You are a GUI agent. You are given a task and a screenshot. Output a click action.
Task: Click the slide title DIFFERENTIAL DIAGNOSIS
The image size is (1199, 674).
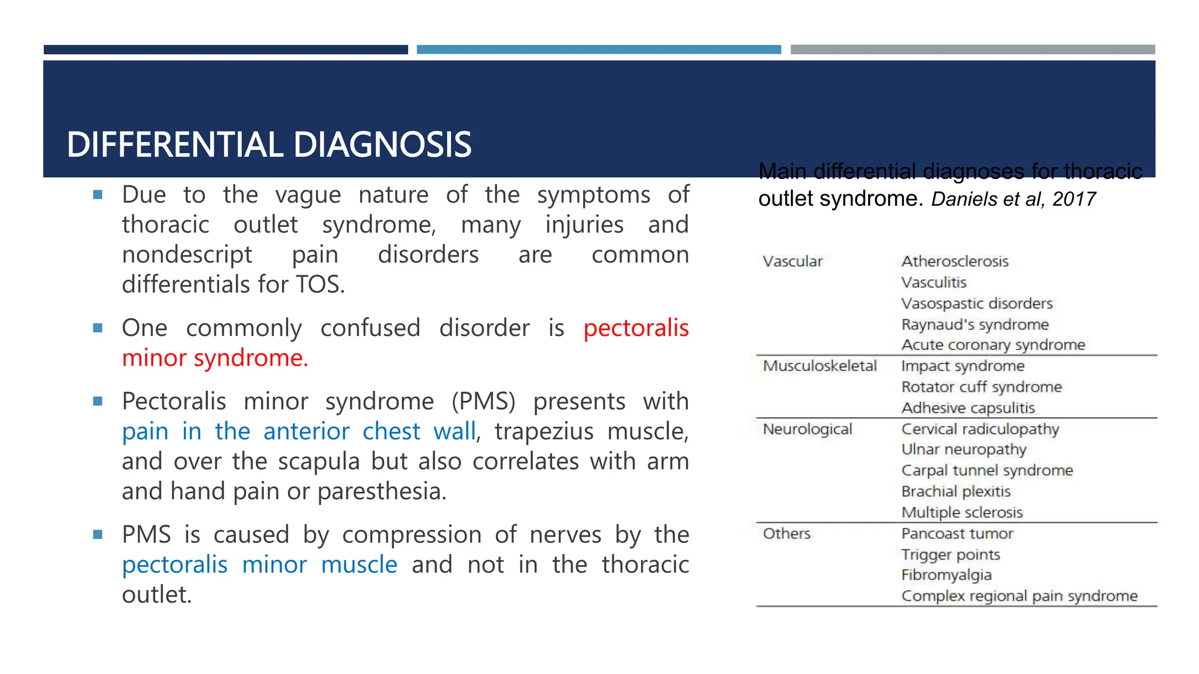coord(269,145)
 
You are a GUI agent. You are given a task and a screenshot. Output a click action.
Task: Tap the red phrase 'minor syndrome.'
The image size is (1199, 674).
coord(215,358)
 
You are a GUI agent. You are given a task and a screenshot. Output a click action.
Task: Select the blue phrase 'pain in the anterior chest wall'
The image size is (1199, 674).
coord(299,432)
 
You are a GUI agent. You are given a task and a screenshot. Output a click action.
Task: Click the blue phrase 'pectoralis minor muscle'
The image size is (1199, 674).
coord(259,565)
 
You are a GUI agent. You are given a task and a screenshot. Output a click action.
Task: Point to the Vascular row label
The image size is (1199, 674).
coord(792,262)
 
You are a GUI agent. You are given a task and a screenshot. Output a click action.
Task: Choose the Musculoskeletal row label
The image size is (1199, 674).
coord(820,366)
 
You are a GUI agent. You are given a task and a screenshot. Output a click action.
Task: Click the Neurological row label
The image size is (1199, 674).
coord(807,429)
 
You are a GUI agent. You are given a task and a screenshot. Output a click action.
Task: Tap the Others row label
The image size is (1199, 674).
coord(786,534)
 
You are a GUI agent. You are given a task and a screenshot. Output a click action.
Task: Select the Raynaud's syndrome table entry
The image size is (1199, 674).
coord(975,325)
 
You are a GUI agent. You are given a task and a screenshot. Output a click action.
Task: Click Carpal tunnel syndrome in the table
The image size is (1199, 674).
coord(987,470)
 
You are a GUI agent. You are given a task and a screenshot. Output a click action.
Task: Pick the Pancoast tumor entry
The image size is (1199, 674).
coord(957,534)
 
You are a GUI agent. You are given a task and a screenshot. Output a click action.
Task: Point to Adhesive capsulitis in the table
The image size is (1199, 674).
coord(968,408)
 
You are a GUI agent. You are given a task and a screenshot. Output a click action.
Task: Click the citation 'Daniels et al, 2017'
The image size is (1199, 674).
coord(1013,200)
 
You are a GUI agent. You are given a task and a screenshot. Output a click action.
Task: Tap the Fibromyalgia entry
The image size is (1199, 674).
coord(946,575)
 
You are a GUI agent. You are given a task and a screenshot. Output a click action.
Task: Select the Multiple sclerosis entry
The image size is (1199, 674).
coord(962,513)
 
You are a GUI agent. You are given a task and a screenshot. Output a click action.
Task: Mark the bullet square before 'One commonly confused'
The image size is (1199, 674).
coord(98,328)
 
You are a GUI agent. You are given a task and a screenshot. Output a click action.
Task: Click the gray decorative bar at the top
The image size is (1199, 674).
coord(972,50)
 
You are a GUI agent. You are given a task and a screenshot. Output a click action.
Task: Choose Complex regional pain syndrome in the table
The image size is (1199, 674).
coord(1019,596)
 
